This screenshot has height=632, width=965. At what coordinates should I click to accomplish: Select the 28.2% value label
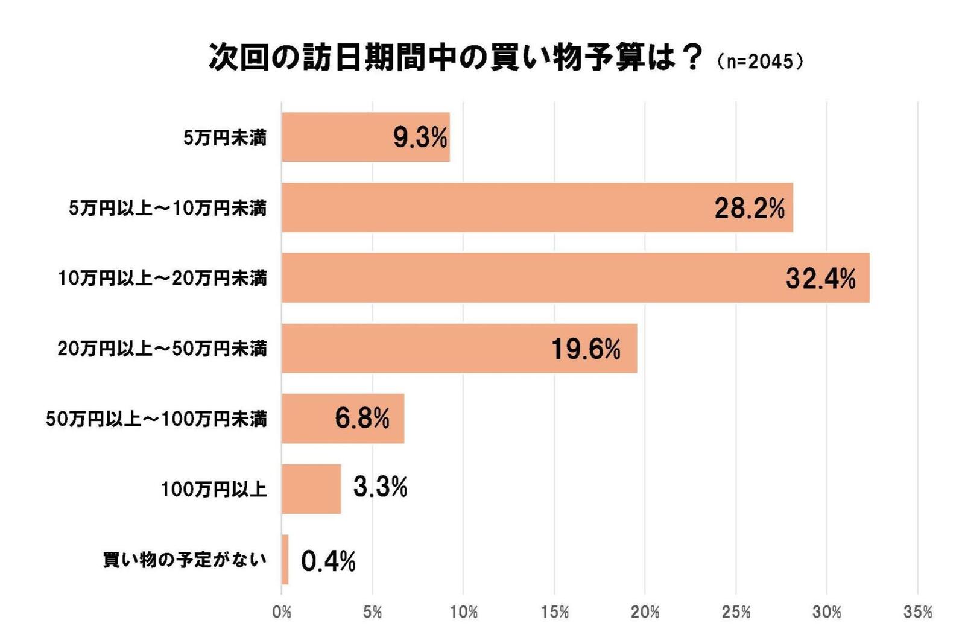click(749, 208)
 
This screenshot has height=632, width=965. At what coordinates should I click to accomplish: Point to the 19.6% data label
click(586, 349)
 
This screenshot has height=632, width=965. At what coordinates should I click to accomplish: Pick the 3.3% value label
click(380, 487)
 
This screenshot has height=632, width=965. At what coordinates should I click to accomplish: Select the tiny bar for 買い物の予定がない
click(285, 559)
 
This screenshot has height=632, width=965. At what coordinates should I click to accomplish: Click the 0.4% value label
click(328, 561)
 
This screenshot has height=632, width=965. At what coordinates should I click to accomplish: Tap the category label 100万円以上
click(214, 489)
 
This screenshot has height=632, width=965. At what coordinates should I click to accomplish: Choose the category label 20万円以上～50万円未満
click(162, 349)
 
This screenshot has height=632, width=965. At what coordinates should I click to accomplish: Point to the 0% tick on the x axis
click(282, 612)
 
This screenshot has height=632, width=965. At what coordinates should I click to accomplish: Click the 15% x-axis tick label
click(554, 612)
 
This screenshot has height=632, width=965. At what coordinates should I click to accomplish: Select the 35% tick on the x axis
click(917, 612)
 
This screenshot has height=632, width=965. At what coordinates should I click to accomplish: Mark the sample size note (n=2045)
click(759, 62)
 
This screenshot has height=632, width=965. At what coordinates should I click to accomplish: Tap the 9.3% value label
click(420, 137)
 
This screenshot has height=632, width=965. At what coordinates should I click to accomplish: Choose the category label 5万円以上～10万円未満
click(167, 209)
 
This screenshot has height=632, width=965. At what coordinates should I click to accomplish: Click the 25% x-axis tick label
click(736, 612)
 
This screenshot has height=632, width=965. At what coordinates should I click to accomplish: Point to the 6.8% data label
click(362, 418)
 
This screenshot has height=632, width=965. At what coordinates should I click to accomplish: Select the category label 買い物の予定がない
click(184, 560)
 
